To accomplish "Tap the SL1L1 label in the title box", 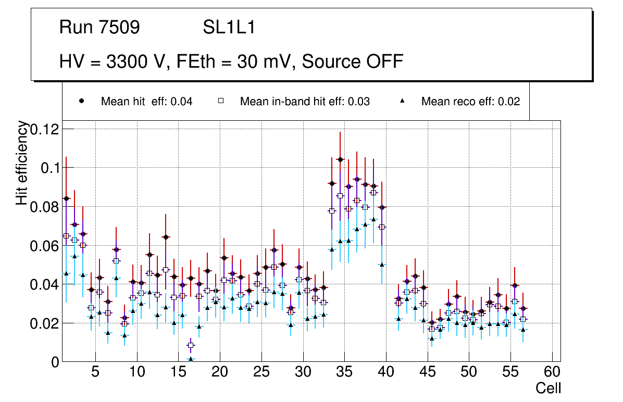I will point(229,28).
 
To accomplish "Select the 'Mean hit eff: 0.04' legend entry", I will point(146,102).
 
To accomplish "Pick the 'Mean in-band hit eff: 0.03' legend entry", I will point(305,102).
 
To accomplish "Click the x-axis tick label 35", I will point(344,372).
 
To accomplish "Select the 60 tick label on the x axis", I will point(552,372).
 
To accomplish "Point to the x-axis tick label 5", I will point(95,372).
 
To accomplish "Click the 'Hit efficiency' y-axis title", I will point(22,162).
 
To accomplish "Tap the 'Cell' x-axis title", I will point(549,388).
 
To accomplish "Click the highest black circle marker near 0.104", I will point(340,159).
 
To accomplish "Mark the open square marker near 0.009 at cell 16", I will point(191,345).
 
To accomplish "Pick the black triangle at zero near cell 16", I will point(191,359).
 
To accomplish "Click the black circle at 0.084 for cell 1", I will point(66,198).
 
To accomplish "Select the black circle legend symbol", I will point(82,102).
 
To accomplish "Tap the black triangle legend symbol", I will point(403,102).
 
